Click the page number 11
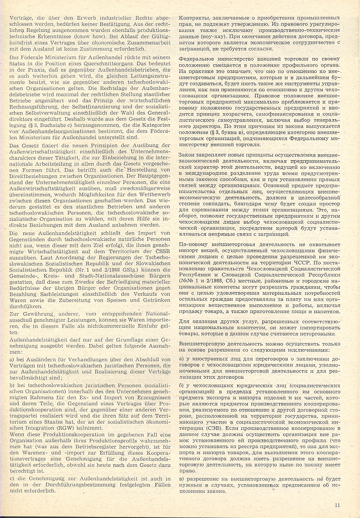point(337,504)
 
